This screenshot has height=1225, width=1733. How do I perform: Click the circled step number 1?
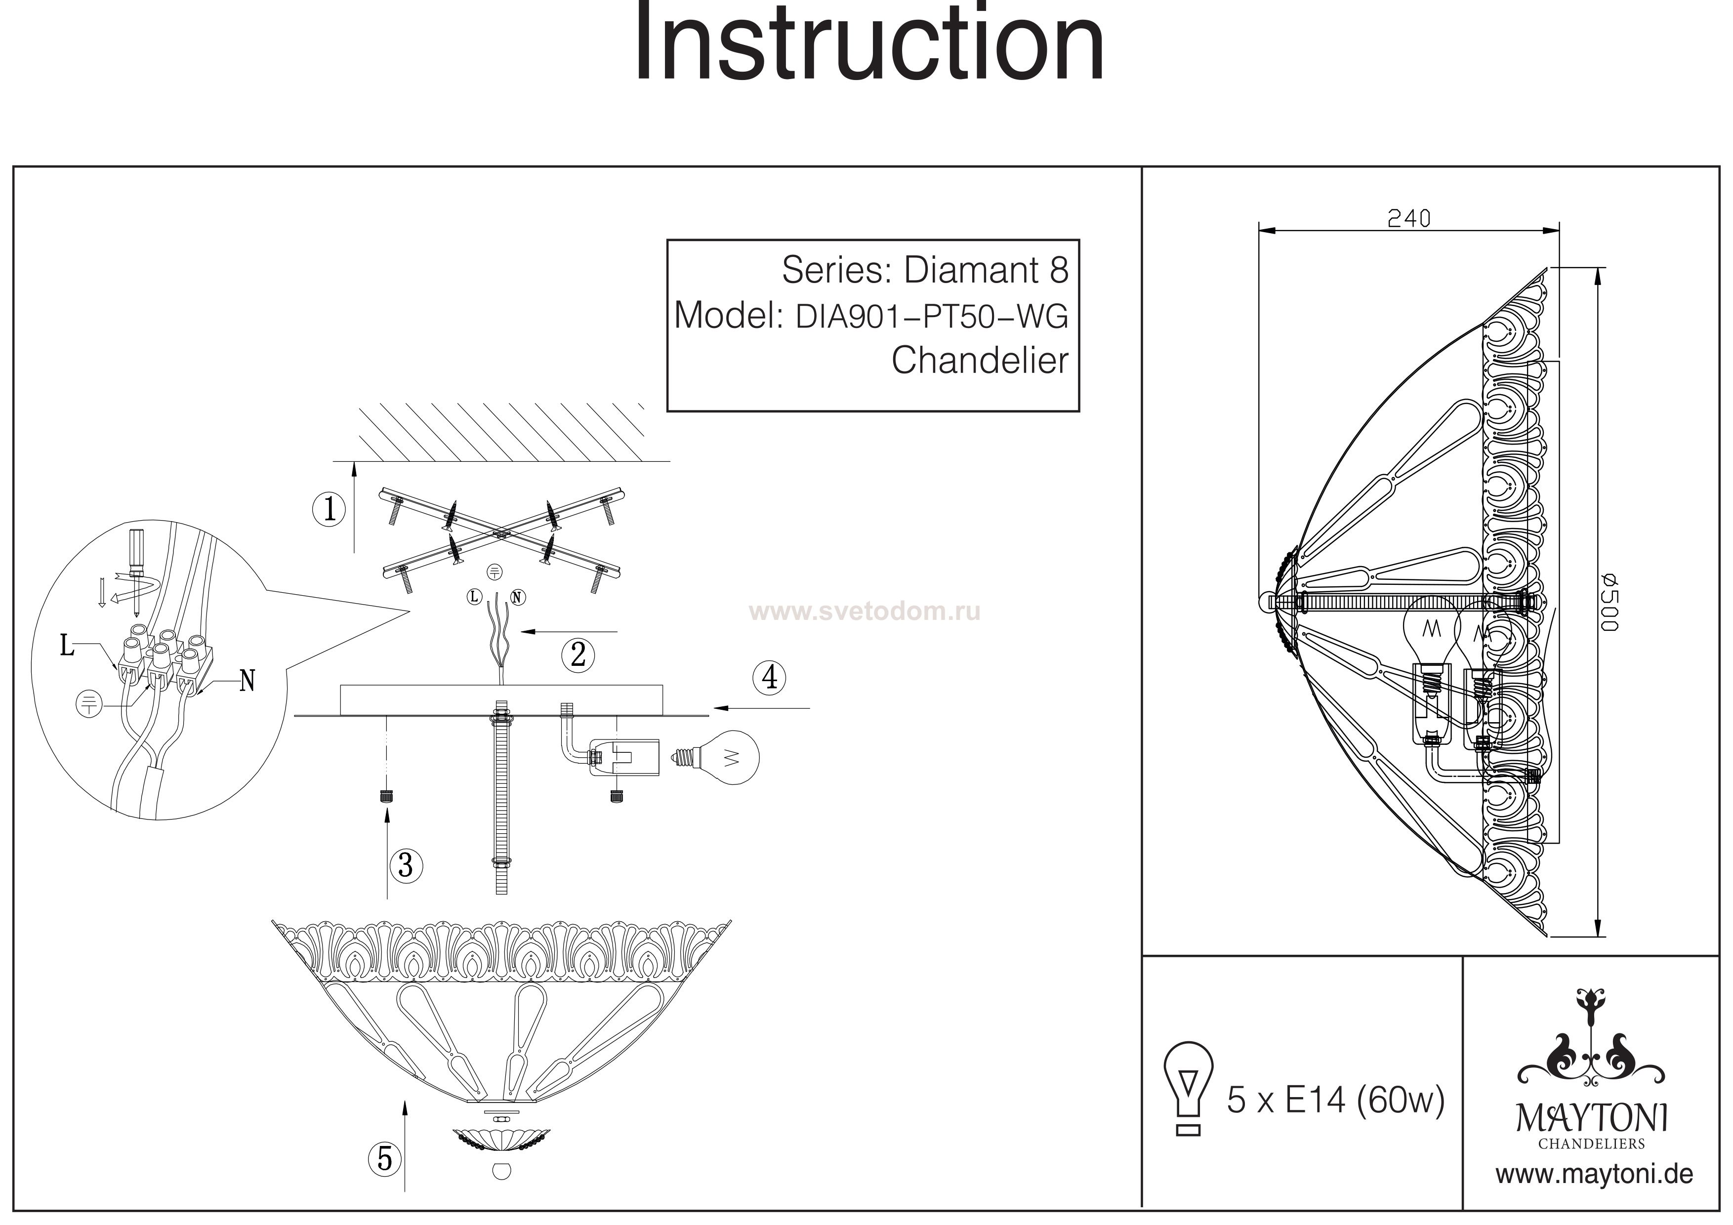pyautogui.click(x=329, y=510)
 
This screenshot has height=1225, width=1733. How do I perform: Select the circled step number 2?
pyautogui.click(x=578, y=654)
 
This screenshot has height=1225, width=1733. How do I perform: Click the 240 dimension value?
pyautogui.click(x=1408, y=218)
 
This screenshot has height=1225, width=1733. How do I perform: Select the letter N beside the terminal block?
pyautogui.click(x=247, y=682)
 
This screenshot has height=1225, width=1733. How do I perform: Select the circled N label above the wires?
pyautogui.click(x=517, y=598)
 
